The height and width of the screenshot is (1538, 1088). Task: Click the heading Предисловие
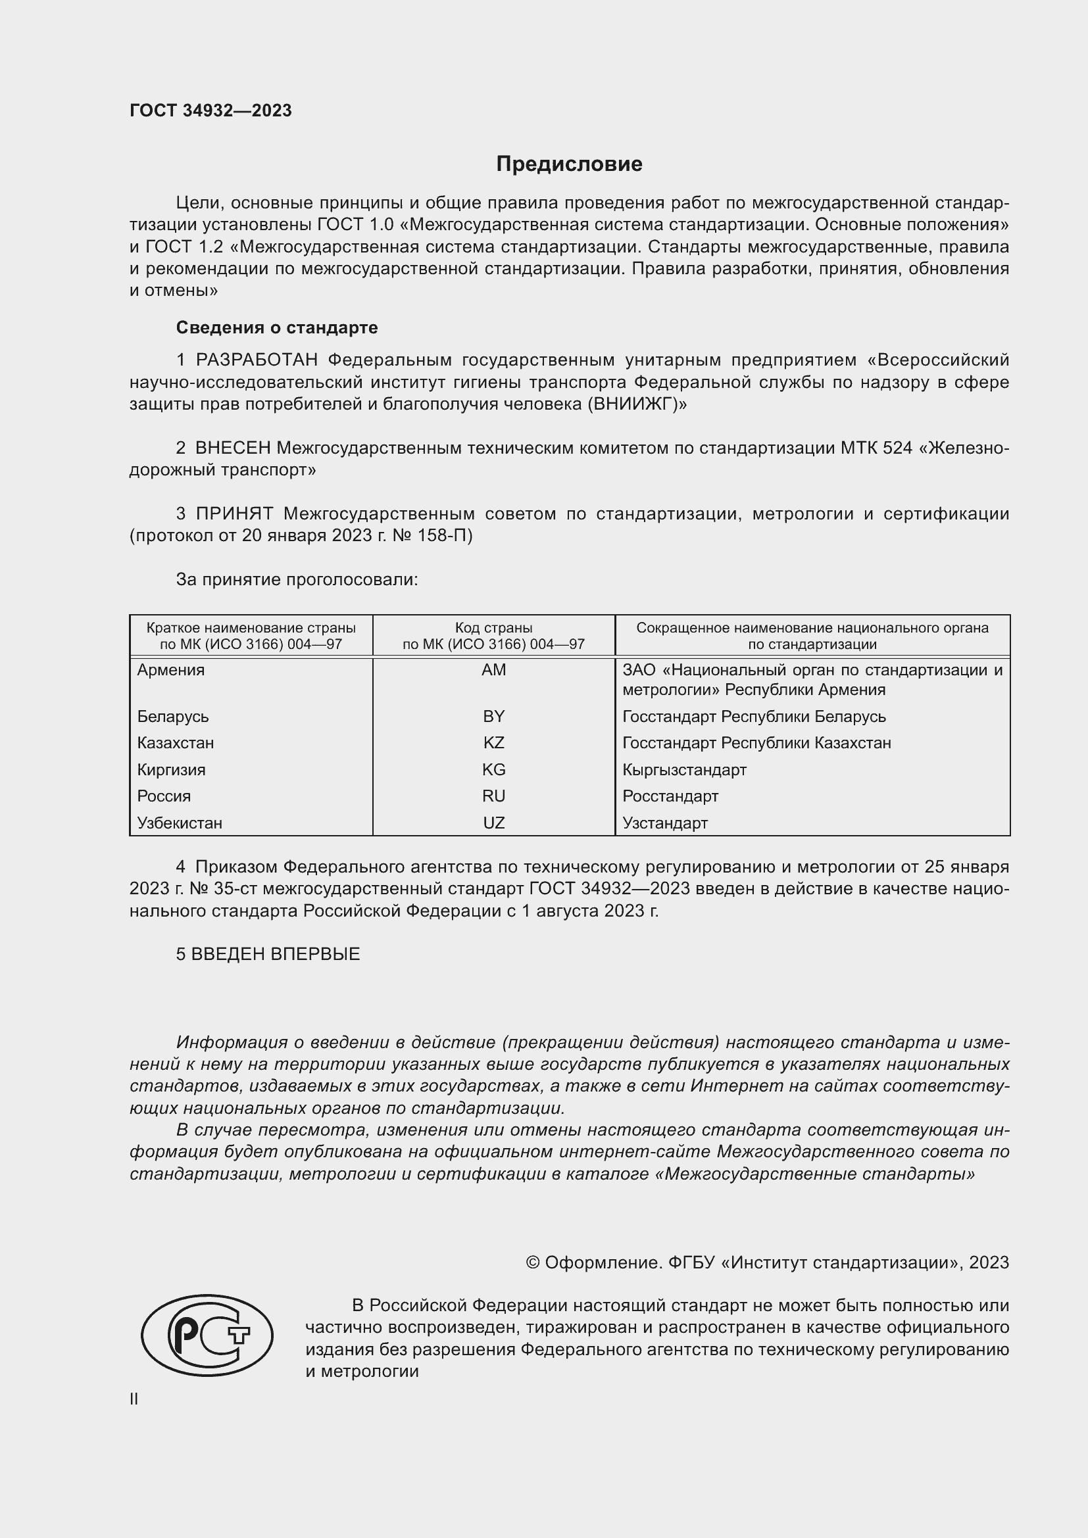tap(569, 164)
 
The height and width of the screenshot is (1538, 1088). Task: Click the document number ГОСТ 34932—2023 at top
tap(210, 110)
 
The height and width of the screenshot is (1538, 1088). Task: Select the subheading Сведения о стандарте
tap(277, 327)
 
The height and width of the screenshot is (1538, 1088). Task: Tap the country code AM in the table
tap(494, 670)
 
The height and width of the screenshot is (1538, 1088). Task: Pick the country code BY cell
tap(494, 716)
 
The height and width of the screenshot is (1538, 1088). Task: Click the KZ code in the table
tap(494, 743)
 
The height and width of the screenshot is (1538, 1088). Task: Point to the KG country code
tap(494, 770)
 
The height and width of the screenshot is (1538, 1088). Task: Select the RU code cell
tap(494, 796)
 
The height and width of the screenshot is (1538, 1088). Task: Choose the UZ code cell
tap(494, 823)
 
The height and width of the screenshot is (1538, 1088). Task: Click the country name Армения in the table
tap(171, 670)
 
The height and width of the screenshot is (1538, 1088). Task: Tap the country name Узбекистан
tap(180, 823)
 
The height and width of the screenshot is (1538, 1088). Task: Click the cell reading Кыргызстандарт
tap(684, 770)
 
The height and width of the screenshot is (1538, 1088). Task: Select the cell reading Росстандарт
tap(670, 796)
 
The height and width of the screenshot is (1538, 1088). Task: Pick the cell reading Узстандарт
tap(664, 823)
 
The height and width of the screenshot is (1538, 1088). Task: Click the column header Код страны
tap(494, 629)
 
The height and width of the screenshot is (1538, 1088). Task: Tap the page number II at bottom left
tap(134, 1399)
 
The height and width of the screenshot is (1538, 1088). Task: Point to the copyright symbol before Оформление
tap(533, 1262)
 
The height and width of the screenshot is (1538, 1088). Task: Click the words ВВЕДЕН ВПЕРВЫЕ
tap(276, 954)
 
